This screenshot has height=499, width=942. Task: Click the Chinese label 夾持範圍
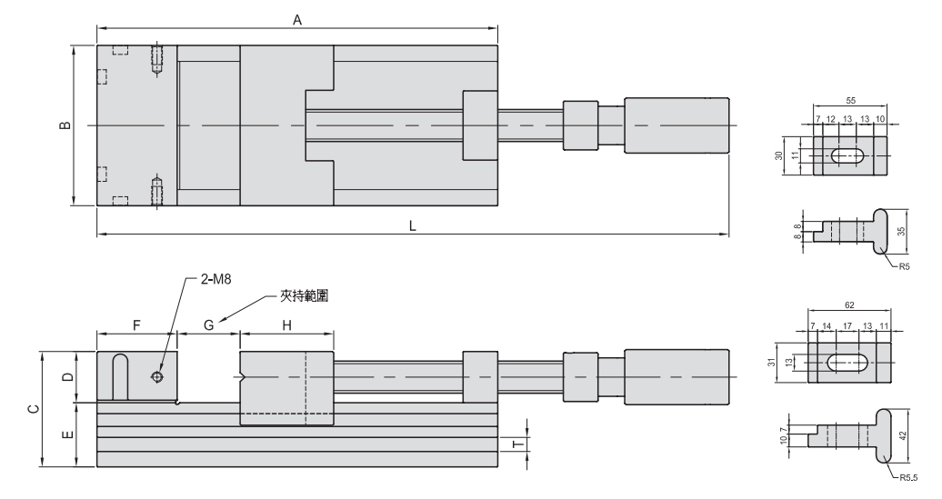coord(303,295)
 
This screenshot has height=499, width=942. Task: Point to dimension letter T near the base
coord(515,444)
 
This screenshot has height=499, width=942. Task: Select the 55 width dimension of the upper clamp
coord(849,101)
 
